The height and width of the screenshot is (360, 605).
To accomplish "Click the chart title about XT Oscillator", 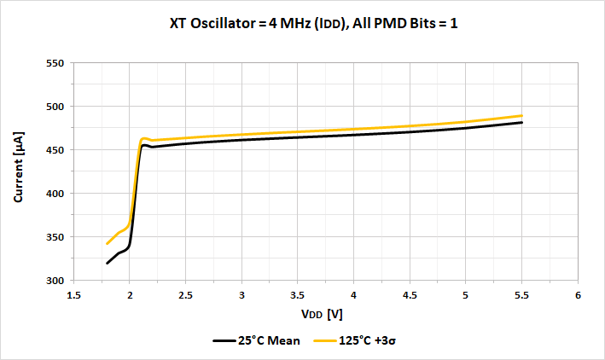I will [x=313, y=24].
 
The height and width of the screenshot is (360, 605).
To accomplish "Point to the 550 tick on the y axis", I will [x=54, y=63].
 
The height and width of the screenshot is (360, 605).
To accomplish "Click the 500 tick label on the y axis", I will [x=54, y=107].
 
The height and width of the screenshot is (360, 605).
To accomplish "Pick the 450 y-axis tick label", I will [x=54, y=150].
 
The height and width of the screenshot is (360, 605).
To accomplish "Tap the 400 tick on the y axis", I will [x=54, y=194].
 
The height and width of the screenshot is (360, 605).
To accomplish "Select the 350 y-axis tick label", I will [x=54, y=237].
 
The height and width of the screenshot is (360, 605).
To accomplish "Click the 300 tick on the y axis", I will [x=54, y=281].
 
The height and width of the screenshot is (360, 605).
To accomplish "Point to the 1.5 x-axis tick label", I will [x=73, y=295].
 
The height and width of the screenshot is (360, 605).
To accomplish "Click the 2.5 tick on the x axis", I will [x=185, y=295].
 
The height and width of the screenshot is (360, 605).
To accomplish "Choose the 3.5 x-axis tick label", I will [x=298, y=295].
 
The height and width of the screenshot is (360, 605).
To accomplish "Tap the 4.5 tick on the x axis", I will [x=410, y=295].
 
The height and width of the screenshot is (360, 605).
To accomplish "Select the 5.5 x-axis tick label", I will [x=521, y=295].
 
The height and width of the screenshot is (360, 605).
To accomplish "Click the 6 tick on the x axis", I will [x=578, y=295].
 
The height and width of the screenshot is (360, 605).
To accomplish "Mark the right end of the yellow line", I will [x=521, y=116].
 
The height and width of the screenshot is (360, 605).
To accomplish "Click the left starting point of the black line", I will [x=108, y=263].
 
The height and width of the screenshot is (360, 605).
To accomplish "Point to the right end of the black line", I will [x=521, y=123].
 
